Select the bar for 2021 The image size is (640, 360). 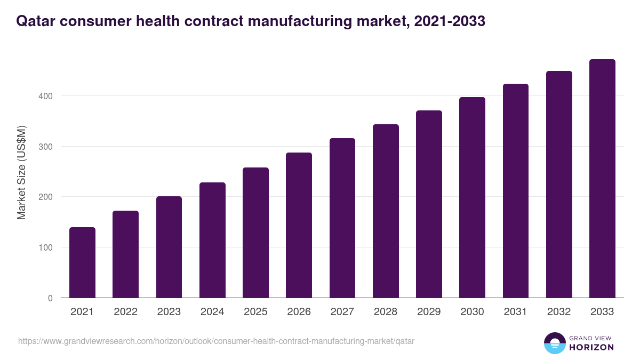click(82, 262)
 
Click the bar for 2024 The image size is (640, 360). click(212, 240)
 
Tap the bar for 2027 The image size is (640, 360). click(342, 218)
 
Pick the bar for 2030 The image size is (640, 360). click(472, 197)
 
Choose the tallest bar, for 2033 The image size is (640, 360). click(602, 179)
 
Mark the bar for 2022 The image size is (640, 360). click(125, 254)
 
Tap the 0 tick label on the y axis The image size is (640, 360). click(50, 298)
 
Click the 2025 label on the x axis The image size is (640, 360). click(255, 312)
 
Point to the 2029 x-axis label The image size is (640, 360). click(429, 312)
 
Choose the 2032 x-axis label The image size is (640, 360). click(559, 312)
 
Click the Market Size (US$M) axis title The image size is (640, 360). click(22, 172)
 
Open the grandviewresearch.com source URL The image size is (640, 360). click(216, 341)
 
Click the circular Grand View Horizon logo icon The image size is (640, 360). click(554, 343)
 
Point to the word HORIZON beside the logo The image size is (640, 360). click(590, 347)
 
